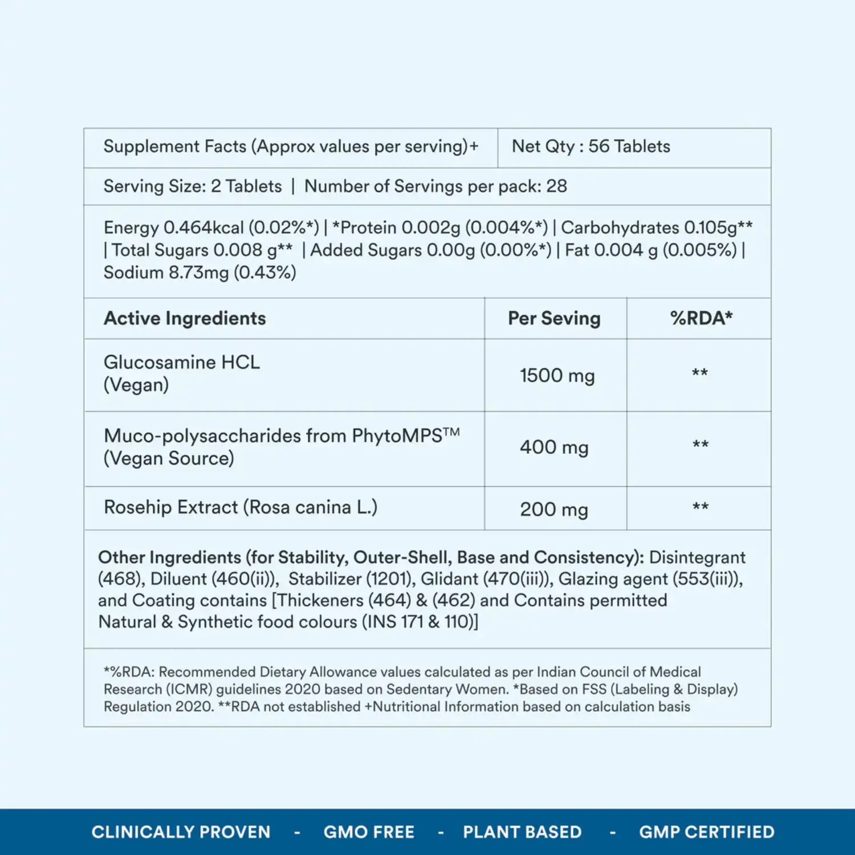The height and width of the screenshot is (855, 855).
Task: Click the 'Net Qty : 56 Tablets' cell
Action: [591, 146]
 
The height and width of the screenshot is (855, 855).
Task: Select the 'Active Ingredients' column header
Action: [185, 318]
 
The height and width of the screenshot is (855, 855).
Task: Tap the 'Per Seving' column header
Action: [554, 318]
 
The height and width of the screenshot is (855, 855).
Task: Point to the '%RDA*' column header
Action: [701, 318]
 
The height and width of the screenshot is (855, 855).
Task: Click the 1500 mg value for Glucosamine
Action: [557, 376]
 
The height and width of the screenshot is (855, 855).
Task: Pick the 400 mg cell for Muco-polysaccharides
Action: [554, 447]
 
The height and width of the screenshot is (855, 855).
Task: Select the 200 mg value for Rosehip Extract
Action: [554, 509]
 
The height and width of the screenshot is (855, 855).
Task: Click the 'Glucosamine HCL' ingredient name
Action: [181, 363]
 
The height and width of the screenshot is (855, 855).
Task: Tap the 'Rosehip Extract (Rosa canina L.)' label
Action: [240, 507]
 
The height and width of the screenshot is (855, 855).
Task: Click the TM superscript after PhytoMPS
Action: [451, 432]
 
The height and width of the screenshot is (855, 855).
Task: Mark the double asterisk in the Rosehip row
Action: [701, 507]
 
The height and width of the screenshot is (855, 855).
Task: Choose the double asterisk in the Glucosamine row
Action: [700, 373]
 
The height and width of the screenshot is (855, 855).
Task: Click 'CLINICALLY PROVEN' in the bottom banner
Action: [181, 832]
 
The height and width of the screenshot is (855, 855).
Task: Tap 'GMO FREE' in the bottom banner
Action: [369, 832]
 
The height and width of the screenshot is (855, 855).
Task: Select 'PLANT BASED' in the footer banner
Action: [522, 832]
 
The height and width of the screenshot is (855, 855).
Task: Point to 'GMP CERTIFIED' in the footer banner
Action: [706, 832]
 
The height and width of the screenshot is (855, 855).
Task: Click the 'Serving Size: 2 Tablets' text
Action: [192, 186]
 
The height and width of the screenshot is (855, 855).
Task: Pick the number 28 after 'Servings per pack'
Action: [556, 186]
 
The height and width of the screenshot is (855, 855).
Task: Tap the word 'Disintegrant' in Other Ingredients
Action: [697, 557]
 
